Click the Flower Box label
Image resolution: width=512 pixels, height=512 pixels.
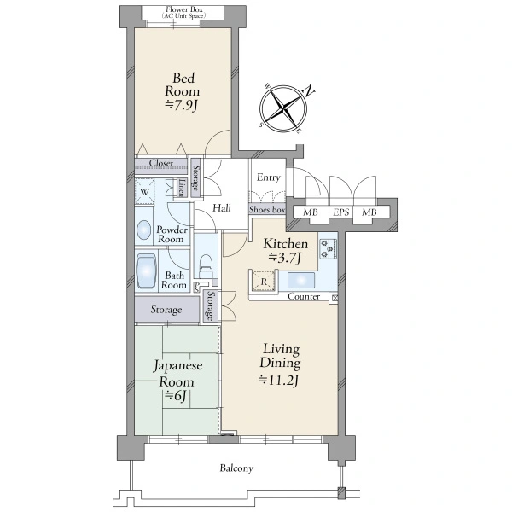(184, 9)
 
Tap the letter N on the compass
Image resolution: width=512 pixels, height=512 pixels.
(309, 91)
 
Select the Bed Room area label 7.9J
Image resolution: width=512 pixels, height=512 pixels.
(182, 106)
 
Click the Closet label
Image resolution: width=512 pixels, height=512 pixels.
(161, 163)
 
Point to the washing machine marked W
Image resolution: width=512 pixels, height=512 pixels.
(144, 192)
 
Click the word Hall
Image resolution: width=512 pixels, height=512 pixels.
(222, 208)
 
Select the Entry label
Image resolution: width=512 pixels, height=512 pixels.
(269, 177)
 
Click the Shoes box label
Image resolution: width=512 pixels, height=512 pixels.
(267, 210)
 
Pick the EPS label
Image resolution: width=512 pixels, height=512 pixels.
(340, 212)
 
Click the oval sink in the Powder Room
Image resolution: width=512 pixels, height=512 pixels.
(143, 230)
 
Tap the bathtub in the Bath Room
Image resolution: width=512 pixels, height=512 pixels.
(146, 271)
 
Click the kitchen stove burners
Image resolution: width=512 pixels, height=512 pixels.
(329, 249)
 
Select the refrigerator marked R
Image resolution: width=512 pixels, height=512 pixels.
(264, 281)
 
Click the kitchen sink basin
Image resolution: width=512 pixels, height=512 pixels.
(301, 281)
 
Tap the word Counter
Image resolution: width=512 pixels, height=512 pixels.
(304, 296)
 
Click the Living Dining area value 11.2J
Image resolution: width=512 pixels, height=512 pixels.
(280, 380)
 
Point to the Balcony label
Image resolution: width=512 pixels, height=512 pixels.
(236, 468)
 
